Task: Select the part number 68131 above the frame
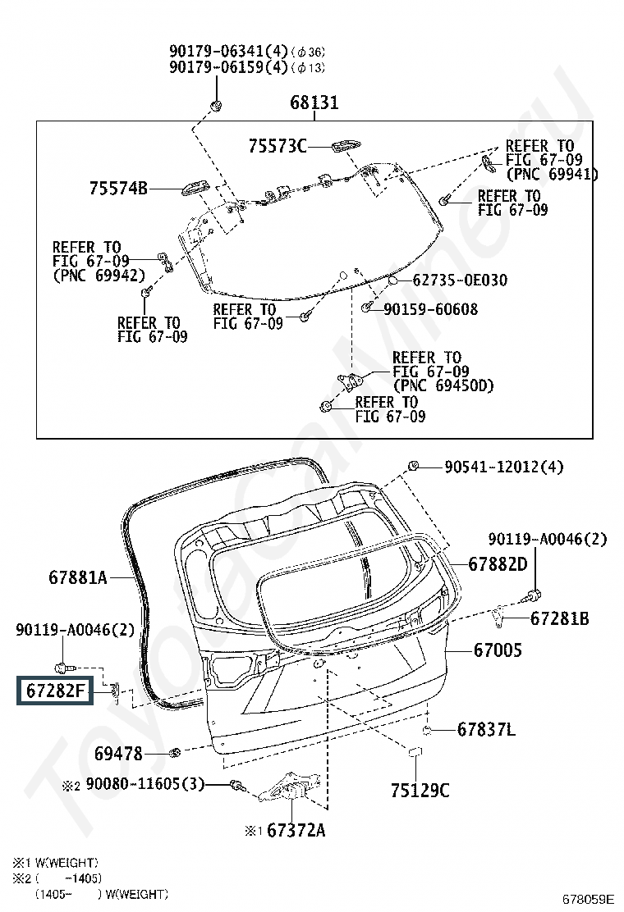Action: pos(314,103)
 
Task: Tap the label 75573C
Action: pos(277,146)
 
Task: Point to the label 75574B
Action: pos(118,189)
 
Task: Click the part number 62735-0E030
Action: pos(459,280)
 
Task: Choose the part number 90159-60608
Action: pos(431,309)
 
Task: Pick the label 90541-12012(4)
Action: pos(503,467)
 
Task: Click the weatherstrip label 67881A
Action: pos(77,577)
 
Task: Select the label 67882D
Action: pos(498,564)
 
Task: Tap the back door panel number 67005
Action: pos(497,650)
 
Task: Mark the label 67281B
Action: pos(559,618)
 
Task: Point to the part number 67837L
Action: pos(486,729)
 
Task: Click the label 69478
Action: pos(118,753)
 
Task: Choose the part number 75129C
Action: pos(420,790)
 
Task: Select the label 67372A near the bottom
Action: pos(296,831)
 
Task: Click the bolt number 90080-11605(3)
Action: pos(144,785)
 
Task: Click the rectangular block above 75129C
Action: pos(415,753)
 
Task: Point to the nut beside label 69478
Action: pos(174,752)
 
